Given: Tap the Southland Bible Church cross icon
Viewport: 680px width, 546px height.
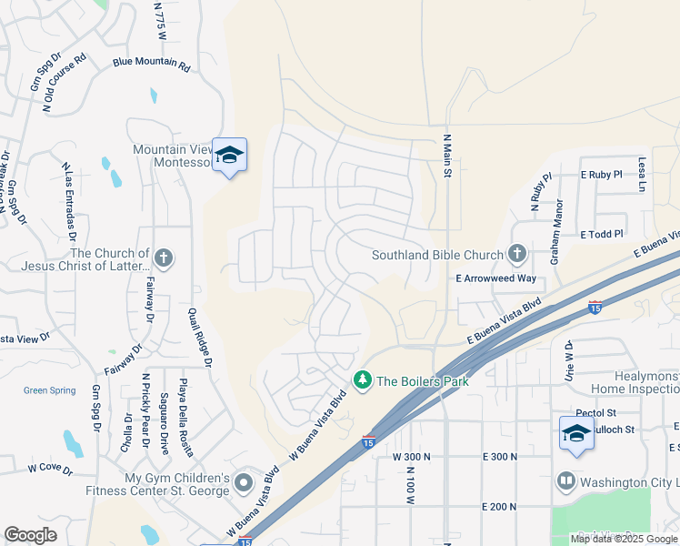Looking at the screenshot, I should [x=517, y=254].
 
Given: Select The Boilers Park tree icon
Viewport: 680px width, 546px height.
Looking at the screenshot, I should [x=363, y=379].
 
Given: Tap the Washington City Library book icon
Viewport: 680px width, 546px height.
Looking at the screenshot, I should [x=566, y=480].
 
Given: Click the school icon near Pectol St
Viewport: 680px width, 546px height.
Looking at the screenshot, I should [x=576, y=433].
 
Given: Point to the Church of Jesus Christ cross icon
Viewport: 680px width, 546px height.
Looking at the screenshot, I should [x=164, y=258].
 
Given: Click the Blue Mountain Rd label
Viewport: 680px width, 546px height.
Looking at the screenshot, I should [x=152, y=66].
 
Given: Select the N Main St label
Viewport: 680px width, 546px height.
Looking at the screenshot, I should [x=447, y=160].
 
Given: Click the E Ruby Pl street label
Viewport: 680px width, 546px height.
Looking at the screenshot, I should [x=601, y=174].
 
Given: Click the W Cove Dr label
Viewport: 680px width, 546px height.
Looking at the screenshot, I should [x=49, y=469].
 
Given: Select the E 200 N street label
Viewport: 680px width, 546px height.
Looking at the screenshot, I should [x=500, y=506].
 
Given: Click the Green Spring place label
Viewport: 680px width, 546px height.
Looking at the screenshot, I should [x=49, y=390].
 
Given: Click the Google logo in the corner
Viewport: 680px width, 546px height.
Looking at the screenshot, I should [x=30, y=535].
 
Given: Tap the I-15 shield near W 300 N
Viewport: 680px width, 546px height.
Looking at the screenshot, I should [x=368, y=441].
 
